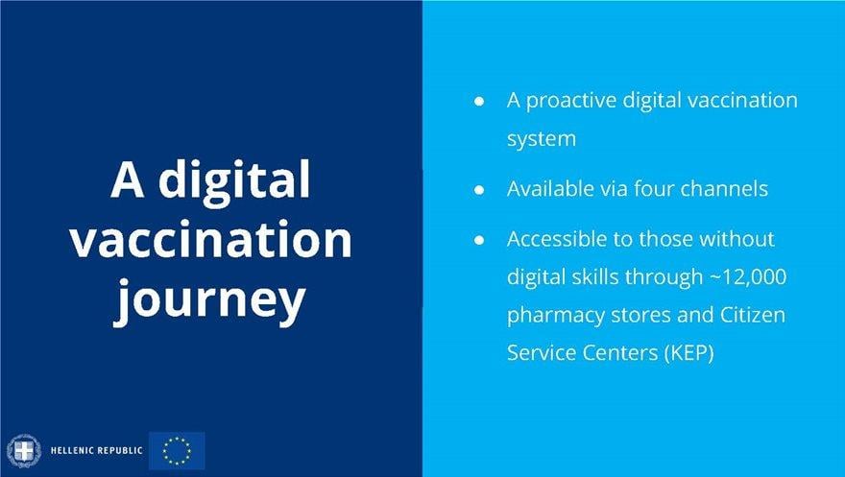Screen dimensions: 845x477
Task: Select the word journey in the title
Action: point(209,298)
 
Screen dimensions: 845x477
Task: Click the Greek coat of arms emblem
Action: point(24,451)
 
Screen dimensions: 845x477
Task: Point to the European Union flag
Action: point(177,451)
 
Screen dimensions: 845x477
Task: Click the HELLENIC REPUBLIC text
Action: point(96,451)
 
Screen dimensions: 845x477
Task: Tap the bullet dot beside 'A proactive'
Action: point(479,101)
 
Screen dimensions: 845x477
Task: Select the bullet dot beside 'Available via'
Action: point(479,189)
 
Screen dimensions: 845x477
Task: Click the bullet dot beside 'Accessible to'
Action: point(479,240)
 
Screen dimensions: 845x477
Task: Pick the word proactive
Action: point(571,101)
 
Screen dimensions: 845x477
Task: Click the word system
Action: point(542,139)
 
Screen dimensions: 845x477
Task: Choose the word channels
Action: point(724,188)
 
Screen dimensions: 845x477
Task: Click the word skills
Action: point(593,276)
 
